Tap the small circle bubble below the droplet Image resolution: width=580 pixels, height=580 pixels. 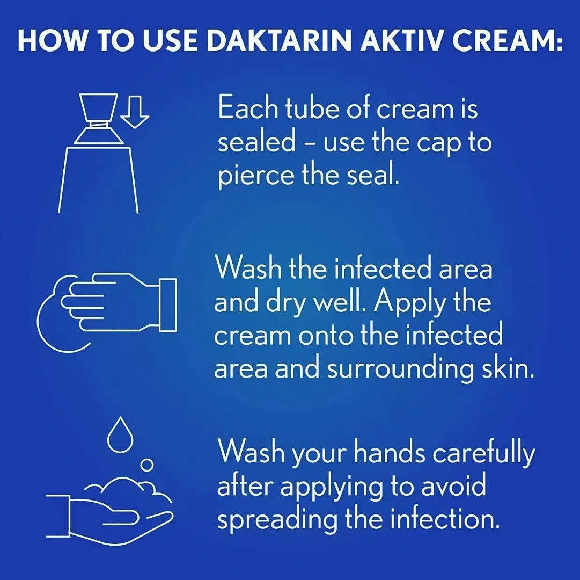click(x=147, y=465)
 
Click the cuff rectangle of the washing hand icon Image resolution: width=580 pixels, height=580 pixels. click(x=168, y=305)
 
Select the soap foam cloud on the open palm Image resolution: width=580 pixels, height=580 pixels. click(x=126, y=489)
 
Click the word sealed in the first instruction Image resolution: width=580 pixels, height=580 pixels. click(x=256, y=142)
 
